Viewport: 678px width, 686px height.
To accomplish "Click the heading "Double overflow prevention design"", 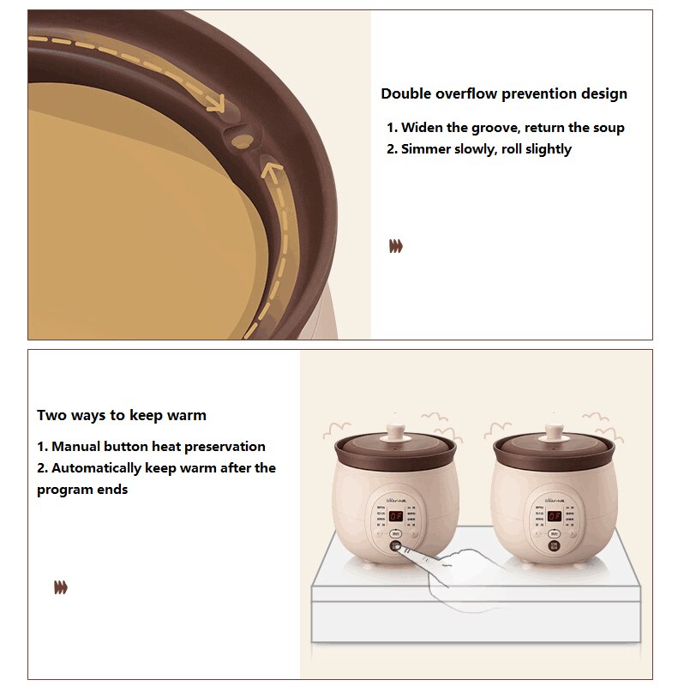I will pyautogui.click(x=504, y=93).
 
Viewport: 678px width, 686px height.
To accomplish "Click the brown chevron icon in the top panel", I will pyautogui.click(x=395, y=247).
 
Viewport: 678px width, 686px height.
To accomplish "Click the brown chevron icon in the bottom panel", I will pyautogui.click(x=60, y=587).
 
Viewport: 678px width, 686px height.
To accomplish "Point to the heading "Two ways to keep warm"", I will pyautogui.click(x=122, y=415).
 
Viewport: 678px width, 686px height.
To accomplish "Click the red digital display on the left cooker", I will pyautogui.click(x=396, y=517).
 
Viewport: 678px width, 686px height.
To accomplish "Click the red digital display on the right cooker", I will pyautogui.click(x=554, y=517).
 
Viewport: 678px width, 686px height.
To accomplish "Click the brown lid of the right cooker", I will pyautogui.click(x=555, y=447).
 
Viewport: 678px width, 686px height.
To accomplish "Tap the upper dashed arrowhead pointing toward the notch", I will pyautogui.click(x=214, y=105).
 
